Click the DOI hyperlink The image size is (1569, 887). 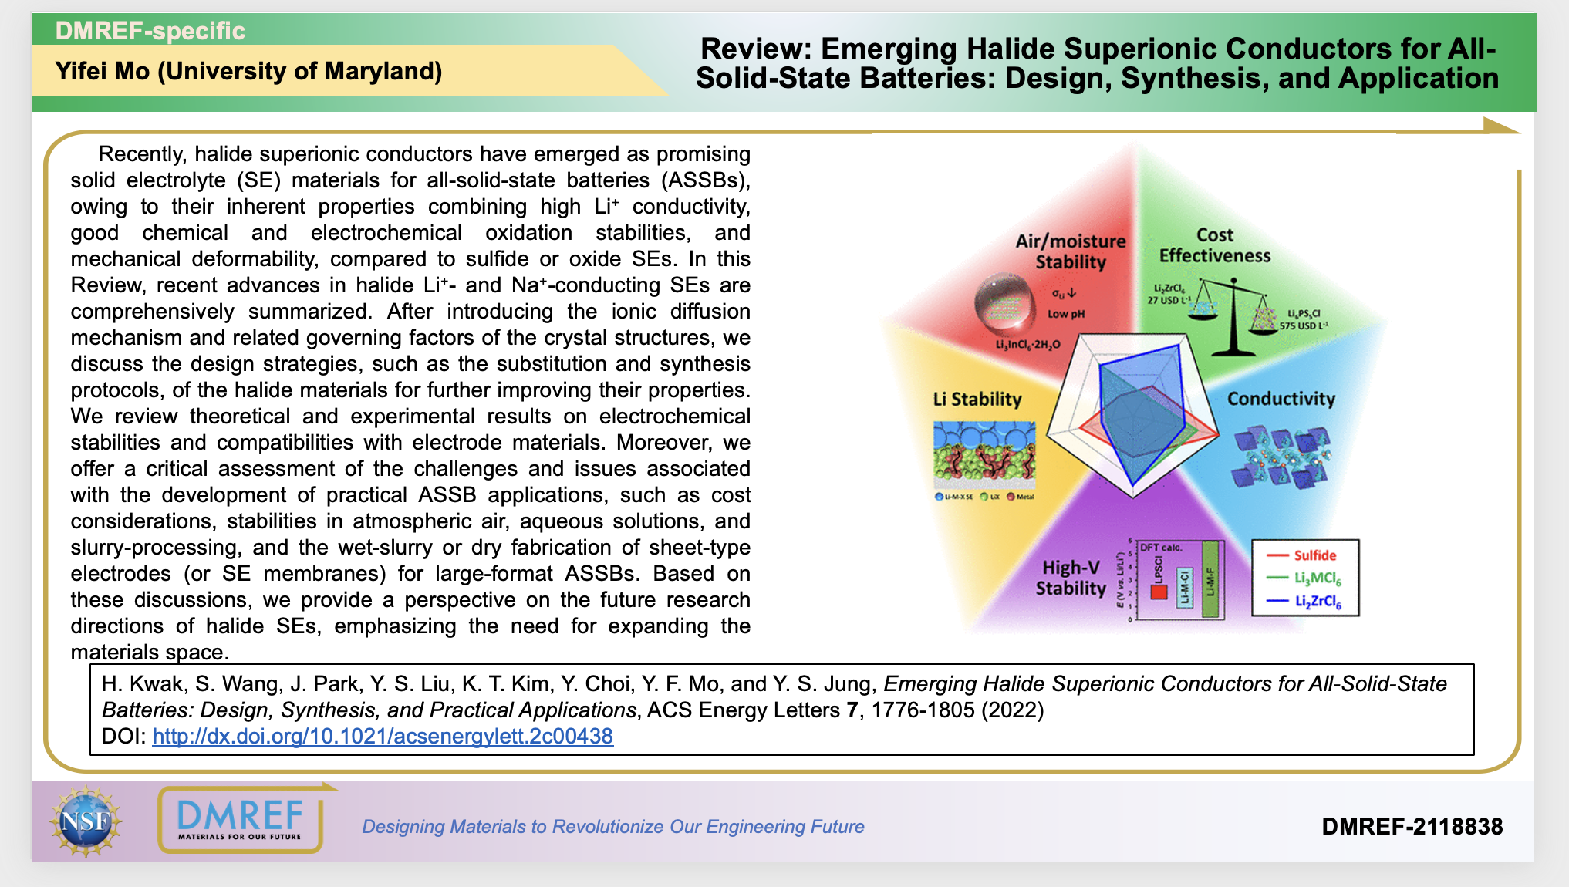(x=383, y=736)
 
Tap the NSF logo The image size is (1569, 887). (x=86, y=821)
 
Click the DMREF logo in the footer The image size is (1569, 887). (x=240, y=820)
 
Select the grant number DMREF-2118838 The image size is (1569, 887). (x=1412, y=826)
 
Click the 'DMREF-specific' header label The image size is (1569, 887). (x=150, y=31)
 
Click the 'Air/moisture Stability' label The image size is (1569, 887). (x=1071, y=251)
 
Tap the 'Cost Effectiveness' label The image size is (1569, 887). (x=1214, y=245)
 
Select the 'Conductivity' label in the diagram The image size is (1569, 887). (x=1281, y=399)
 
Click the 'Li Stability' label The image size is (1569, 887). (x=977, y=399)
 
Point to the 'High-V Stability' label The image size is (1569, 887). (x=1071, y=578)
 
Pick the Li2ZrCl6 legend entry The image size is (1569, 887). (x=1318, y=602)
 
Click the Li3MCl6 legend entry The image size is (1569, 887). (x=1318, y=578)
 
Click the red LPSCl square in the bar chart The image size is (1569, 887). (x=1158, y=592)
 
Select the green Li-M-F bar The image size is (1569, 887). (x=1210, y=580)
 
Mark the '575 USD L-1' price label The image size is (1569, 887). (x=1304, y=325)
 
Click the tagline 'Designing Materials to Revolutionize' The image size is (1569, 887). (x=612, y=826)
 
